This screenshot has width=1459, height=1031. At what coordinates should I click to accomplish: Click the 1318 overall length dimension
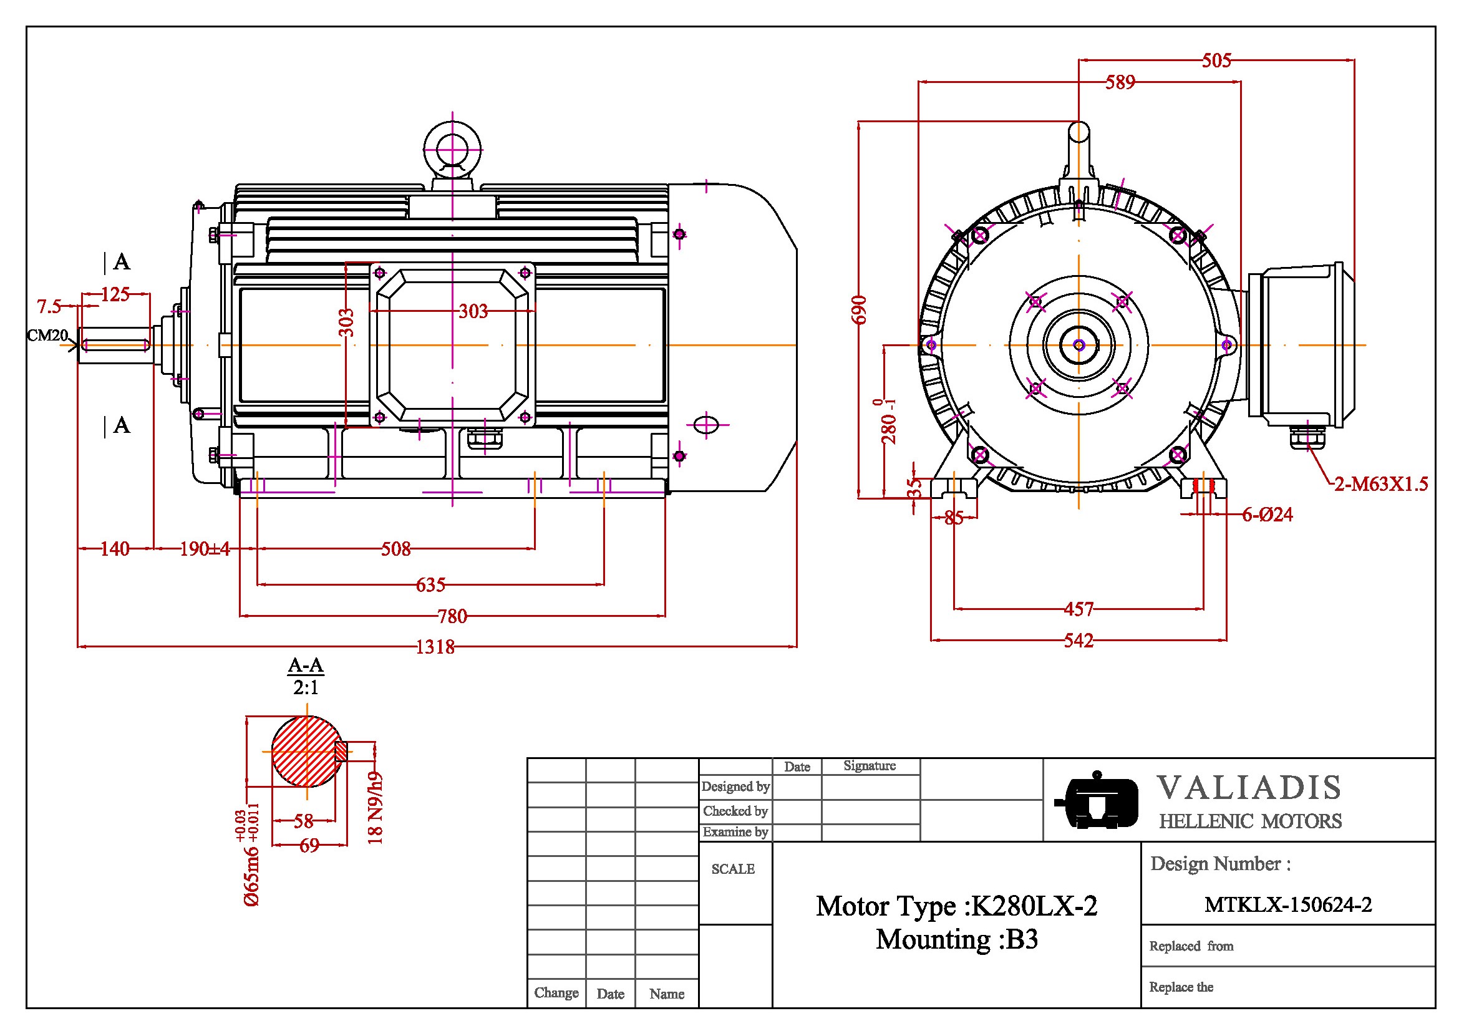click(435, 647)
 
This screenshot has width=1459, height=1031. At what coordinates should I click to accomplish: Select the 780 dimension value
click(452, 616)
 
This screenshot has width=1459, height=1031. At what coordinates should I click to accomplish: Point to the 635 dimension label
click(430, 585)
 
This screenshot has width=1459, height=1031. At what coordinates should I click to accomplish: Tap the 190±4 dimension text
click(205, 549)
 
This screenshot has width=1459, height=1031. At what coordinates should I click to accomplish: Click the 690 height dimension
click(859, 310)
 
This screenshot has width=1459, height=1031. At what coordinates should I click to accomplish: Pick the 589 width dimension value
click(1120, 82)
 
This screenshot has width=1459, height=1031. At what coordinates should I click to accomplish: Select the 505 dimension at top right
click(1216, 61)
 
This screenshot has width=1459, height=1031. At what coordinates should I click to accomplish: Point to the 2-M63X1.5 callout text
click(1381, 485)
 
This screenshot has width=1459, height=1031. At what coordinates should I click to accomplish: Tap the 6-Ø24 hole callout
click(1267, 515)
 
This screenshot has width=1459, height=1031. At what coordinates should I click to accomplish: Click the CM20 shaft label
click(47, 336)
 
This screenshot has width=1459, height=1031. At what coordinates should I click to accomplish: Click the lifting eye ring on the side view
click(452, 150)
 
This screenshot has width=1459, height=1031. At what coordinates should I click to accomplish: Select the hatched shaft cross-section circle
click(306, 752)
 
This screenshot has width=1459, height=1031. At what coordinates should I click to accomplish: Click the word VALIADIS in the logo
click(1249, 788)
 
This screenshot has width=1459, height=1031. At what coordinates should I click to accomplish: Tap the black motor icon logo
click(1096, 800)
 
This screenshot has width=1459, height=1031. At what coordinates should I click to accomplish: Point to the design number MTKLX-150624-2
click(1288, 904)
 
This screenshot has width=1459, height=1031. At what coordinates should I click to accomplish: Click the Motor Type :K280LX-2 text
click(956, 906)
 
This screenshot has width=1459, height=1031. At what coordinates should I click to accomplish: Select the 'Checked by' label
click(735, 811)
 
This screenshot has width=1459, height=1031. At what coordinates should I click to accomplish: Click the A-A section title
click(306, 666)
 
